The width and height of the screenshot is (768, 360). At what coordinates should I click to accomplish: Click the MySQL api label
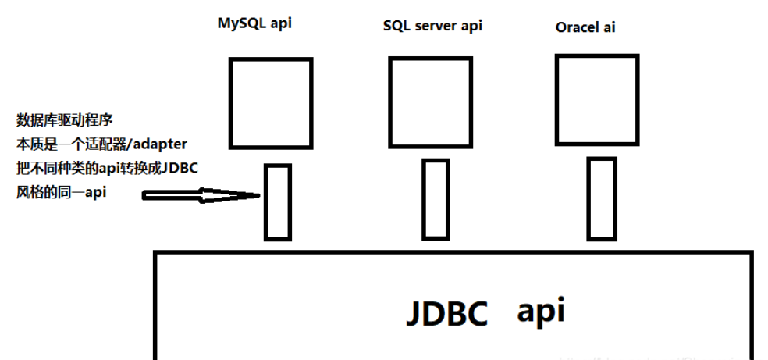coord(254,23)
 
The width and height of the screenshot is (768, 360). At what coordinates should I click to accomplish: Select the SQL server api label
coord(432,26)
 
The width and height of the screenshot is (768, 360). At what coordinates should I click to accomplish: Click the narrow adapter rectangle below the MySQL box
coord(277,201)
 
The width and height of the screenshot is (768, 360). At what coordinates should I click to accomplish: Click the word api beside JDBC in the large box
coord(540,311)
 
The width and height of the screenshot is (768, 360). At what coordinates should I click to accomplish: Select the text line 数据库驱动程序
coord(66,120)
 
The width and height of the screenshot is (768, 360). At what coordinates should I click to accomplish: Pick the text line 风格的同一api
coord(62,192)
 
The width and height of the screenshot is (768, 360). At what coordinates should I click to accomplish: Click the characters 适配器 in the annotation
coord(108,144)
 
